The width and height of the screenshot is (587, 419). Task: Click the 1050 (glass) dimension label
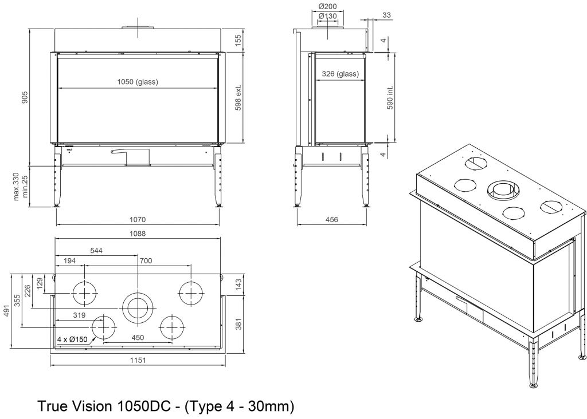point(138,81)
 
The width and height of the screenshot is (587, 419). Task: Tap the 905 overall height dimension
point(25,97)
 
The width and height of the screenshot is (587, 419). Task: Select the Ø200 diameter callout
point(327,6)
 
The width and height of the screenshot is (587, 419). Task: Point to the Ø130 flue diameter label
point(327,15)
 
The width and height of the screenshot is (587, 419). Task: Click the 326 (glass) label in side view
point(341,74)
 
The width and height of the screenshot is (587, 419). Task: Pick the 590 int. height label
point(390,97)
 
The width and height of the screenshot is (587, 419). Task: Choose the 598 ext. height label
point(238,97)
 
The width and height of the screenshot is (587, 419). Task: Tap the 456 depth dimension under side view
point(332,219)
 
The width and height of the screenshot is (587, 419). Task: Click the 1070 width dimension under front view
point(138,219)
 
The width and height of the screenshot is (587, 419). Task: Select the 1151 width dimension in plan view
point(138,360)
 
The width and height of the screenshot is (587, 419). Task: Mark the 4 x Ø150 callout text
point(72,339)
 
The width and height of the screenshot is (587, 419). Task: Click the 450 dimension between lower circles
point(138,338)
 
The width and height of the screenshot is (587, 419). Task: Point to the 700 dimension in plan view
point(146,260)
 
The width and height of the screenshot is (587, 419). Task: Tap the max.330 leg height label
point(15,186)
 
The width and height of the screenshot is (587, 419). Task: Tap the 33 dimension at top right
point(387,15)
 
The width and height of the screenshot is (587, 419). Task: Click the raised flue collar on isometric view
point(502,189)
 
